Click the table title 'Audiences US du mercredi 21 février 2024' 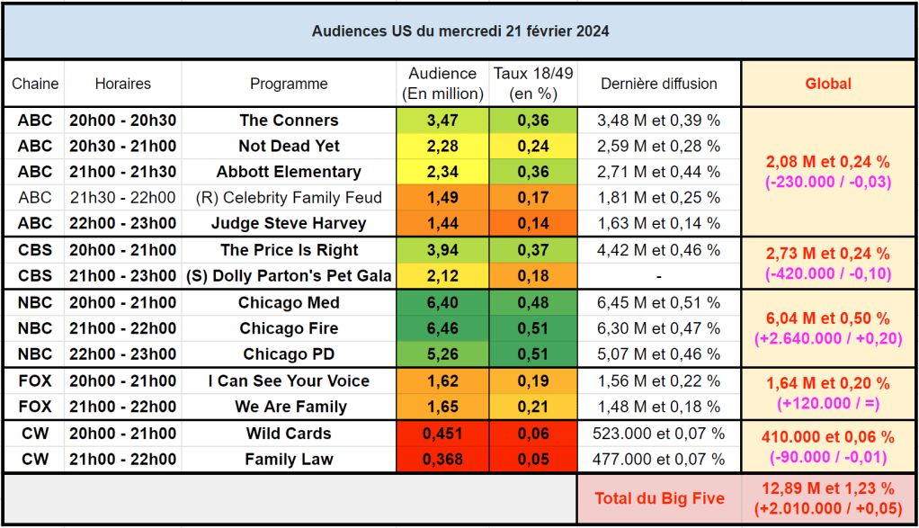(459, 31)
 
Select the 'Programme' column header (289, 84)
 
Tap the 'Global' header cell (827, 84)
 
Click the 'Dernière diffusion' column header (659, 84)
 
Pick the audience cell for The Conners (442, 121)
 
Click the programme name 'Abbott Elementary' (289, 172)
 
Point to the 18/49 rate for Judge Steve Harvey (532, 223)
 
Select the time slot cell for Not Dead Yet (123, 146)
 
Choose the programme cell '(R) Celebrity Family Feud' (289, 198)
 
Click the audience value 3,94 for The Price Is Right (442, 250)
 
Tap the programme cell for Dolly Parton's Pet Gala (289, 275)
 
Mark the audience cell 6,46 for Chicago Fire (442, 328)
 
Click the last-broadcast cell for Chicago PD (659, 353)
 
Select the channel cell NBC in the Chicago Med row (35, 302)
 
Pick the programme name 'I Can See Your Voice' (289, 380)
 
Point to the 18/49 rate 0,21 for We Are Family (532, 407)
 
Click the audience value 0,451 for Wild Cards (442, 434)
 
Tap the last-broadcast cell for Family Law (659, 460)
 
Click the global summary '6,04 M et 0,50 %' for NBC (827, 318)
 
